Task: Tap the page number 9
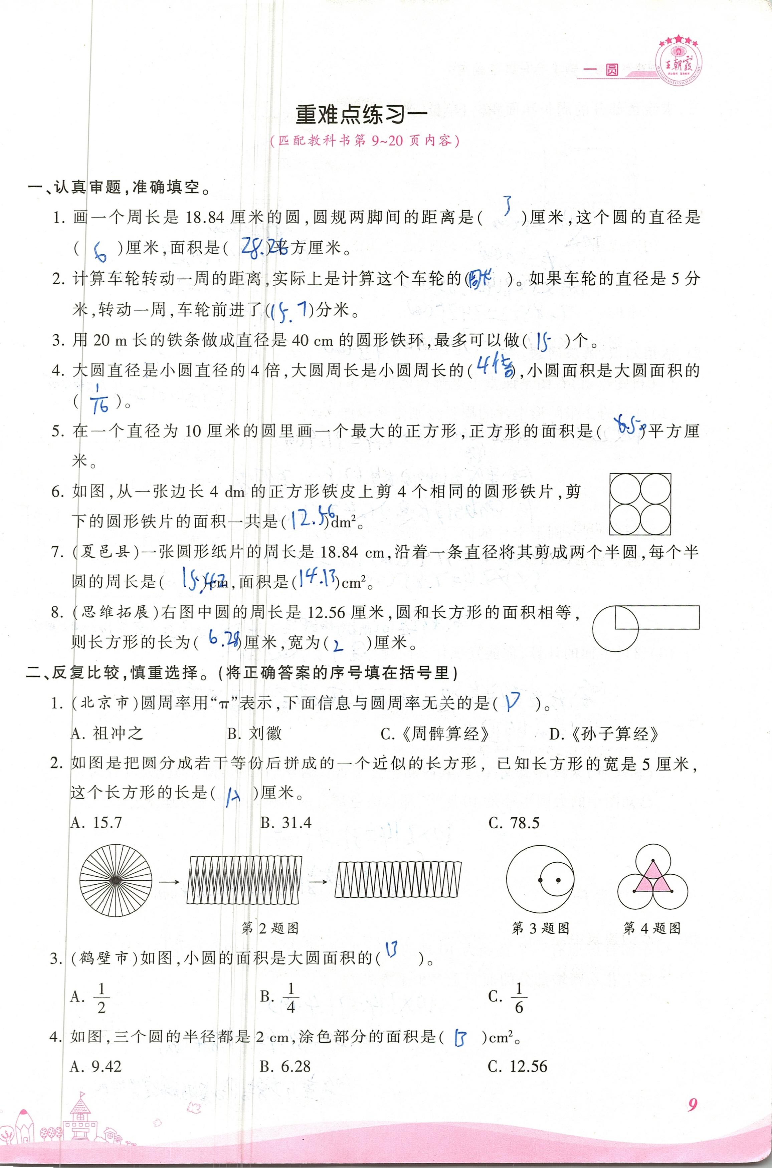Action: pos(692,1091)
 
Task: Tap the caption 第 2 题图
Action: pos(270,928)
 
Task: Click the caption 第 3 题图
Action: pos(541,928)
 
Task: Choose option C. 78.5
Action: pos(514,823)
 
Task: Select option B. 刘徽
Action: pos(254,734)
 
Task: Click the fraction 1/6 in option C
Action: pos(519,997)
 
